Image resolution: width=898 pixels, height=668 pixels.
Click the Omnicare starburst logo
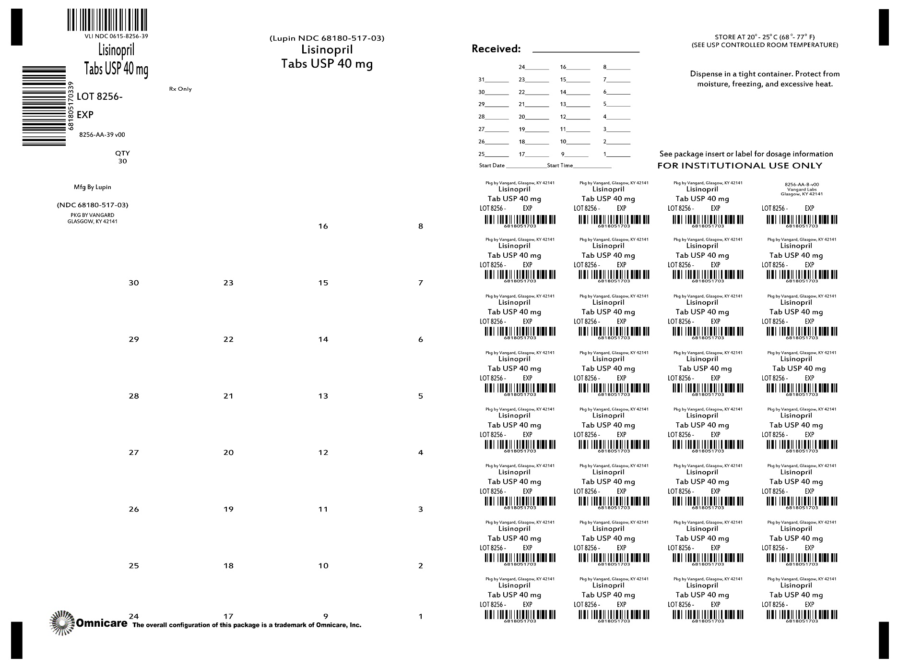click(x=62, y=623)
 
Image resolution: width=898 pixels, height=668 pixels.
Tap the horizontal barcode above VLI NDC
click(x=107, y=20)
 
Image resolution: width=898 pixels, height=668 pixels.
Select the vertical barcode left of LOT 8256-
click(x=44, y=106)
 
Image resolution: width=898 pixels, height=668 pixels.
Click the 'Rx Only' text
click(x=180, y=89)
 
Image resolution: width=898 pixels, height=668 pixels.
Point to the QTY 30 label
click(x=122, y=157)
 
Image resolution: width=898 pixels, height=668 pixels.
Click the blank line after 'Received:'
click(x=586, y=50)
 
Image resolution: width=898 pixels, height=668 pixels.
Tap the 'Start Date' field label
click(x=492, y=166)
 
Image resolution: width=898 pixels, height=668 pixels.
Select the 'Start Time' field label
click(x=560, y=166)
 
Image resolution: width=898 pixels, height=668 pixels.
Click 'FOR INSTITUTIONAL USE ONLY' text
click(x=739, y=166)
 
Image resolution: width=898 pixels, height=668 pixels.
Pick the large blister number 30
click(x=134, y=283)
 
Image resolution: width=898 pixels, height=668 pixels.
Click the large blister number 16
click(x=323, y=227)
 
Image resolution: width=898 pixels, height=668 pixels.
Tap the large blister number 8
click(x=421, y=227)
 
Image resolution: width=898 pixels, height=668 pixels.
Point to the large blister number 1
click(x=421, y=617)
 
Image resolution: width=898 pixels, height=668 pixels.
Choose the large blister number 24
click(x=134, y=617)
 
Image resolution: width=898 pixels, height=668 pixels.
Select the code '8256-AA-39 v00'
click(x=102, y=135)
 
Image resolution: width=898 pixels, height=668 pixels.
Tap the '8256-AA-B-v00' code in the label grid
click(x=802, y=184)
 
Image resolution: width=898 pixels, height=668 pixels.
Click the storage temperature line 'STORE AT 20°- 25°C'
click(x=765, y=37)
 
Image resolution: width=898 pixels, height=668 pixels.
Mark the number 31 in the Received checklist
click(x=482, y=80)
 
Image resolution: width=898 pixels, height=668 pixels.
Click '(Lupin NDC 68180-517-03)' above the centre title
click(x=327, y=38)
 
